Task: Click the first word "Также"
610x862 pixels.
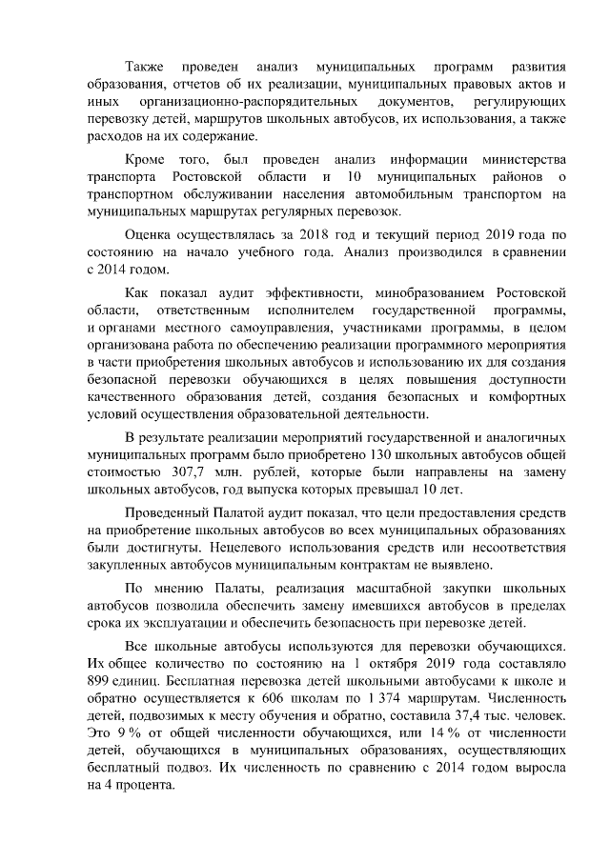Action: tap(144, 70)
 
